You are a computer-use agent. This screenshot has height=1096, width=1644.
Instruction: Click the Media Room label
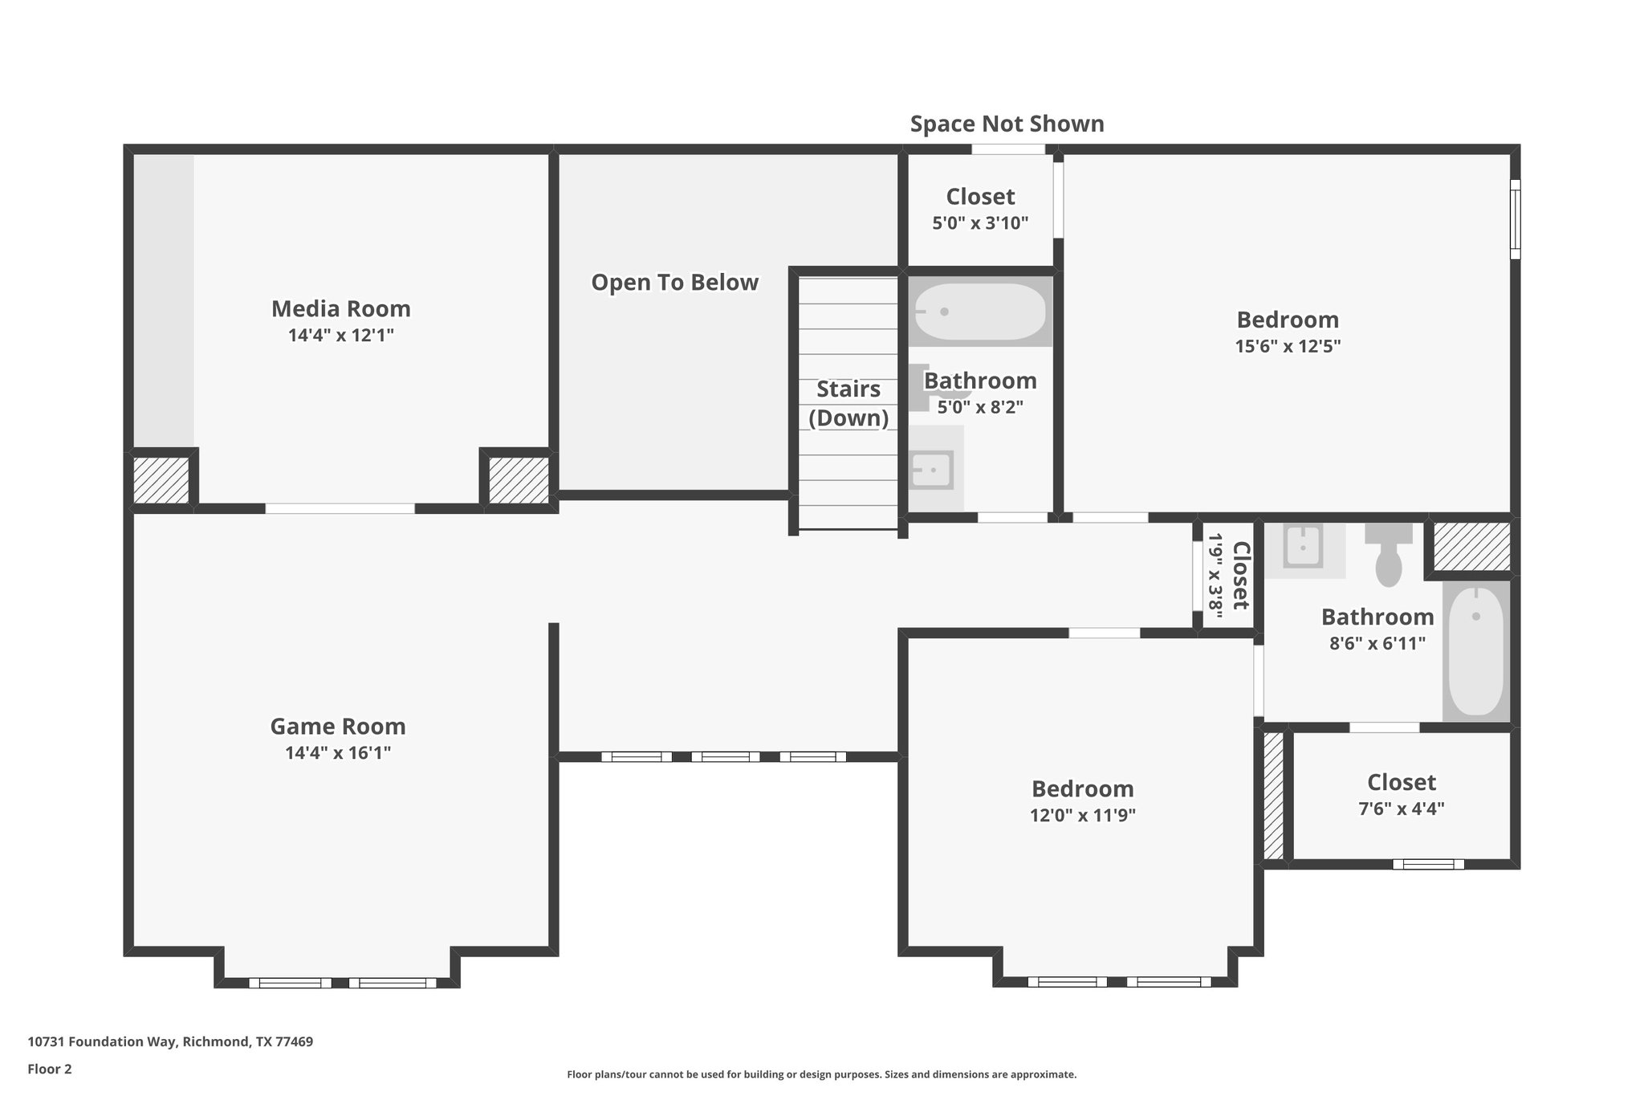point(340,308)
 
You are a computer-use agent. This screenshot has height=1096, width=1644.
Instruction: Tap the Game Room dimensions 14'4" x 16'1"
point(337,753)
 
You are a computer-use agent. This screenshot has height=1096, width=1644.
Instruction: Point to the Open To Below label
point(674,283)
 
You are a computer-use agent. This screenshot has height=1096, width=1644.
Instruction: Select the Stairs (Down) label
point(848,404)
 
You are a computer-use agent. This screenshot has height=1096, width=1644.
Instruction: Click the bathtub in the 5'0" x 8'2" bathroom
point(980,312)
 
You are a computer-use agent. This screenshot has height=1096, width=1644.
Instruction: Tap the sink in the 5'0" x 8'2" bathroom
point(931,470)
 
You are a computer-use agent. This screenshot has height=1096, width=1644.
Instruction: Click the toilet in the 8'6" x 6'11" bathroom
point(1389,556)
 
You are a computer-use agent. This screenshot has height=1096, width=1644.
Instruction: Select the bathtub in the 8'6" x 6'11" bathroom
point(1475,650)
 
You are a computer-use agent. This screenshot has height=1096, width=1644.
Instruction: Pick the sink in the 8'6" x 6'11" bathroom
point(1302,547)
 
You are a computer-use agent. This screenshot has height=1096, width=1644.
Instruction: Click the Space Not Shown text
point(1007,124)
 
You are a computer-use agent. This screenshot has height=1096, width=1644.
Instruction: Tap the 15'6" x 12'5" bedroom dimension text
point(1288,346)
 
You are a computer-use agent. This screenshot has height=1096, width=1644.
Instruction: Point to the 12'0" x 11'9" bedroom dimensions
point(1082,815)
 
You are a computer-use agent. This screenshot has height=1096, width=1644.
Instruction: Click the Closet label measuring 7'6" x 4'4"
point(1401,782)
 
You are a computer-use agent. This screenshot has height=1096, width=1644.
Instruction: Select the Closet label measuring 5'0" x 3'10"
point(979,197)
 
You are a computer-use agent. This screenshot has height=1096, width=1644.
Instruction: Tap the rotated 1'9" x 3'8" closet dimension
point(1215,576)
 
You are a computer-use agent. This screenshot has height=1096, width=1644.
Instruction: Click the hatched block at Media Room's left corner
point(161,480)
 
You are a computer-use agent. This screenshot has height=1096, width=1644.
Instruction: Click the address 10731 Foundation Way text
point(170,1041)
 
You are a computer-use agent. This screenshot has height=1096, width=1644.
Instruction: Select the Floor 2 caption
point(50,1069)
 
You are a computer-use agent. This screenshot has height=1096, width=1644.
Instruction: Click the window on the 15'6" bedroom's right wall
point(1515,218)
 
